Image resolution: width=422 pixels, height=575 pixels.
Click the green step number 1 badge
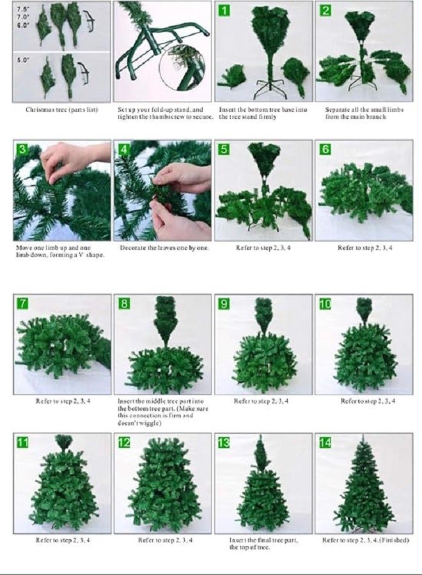coord(224,10)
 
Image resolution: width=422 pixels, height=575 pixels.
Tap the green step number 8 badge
coord(124,303)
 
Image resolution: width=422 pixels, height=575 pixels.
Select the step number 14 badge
coord(325,443)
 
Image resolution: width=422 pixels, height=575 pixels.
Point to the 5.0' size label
coord(22,59)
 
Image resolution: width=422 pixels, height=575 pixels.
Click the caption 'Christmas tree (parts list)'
coord(61,109)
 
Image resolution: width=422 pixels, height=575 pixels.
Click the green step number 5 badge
coord(224,149)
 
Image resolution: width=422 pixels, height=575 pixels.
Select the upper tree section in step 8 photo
coord(166,320)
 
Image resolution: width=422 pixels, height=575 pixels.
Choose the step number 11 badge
coord(23,443)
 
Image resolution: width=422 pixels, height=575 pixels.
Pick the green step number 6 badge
coord(325,149)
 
